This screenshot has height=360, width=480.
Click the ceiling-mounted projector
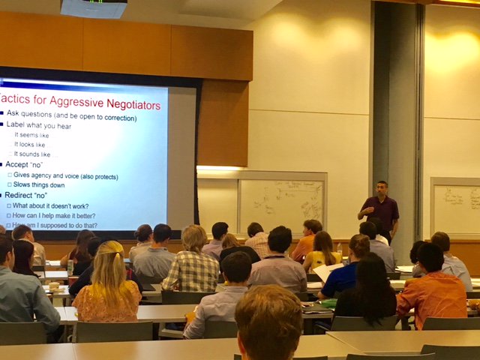click(x=93, y=8)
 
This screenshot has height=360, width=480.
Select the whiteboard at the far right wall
click(x=456, y=205)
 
